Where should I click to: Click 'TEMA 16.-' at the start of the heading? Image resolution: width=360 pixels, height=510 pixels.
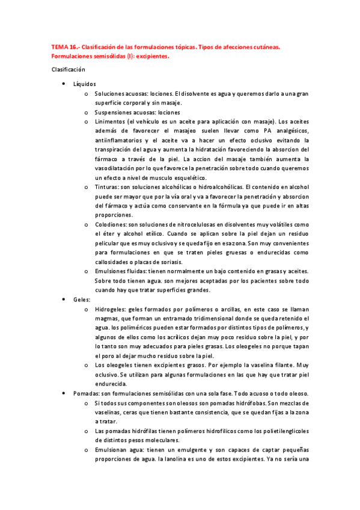[x=64, y=45]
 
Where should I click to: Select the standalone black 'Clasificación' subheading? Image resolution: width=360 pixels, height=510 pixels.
[x=69, y=70]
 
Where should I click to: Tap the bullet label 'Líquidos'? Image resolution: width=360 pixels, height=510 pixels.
[x=84, y=84]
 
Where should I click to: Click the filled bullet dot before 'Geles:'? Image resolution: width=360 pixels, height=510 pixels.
[x=64, y=299]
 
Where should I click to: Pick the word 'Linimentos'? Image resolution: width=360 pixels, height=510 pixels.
[x=111, y=121]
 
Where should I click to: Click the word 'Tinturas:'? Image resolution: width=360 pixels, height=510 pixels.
[x=108, y=187]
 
